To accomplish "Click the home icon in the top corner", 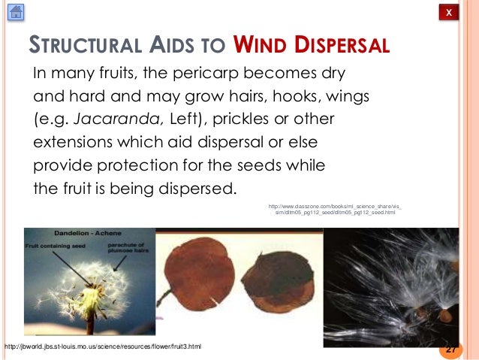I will tap(15, 12).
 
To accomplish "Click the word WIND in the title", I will tap(260, 46).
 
